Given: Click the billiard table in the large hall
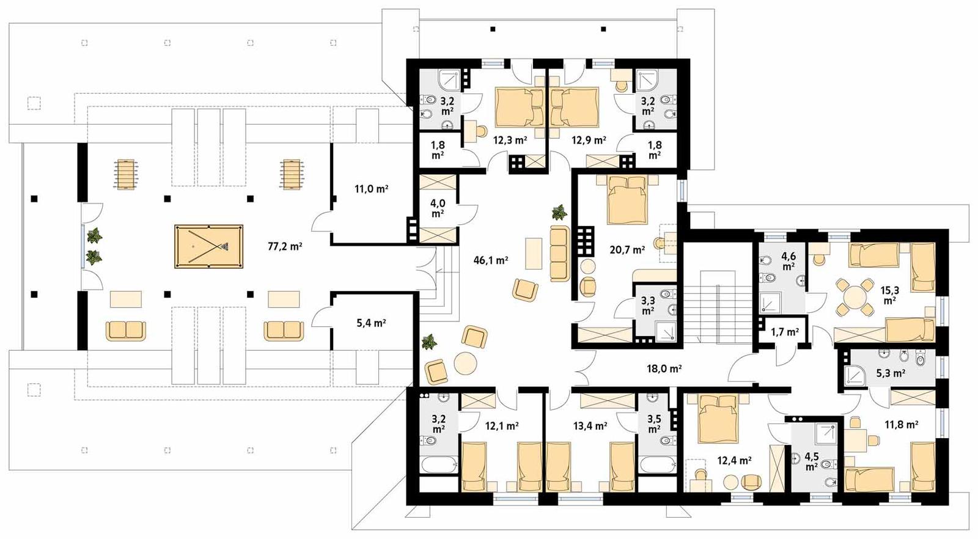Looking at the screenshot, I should pyautogui.click(x=208, y=247).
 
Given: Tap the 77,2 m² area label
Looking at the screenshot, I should pyautogui.click(x=285, y=247).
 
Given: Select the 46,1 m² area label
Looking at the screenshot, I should pyautogui.click(x=491, y=260).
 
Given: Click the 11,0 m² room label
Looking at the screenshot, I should pyautogui.click(x=371, y=189).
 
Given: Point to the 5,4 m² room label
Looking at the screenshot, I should pyautogui.click(x=371, y=323).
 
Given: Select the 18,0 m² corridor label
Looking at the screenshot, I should pyautogui.click(x=664, y=369).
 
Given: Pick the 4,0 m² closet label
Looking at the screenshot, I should pyautogui.click(x=437, y=208).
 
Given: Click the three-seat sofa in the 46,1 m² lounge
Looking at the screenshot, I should pyautogui.click(x=559, y=254).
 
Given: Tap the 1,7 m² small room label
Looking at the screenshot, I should pyautogui.click(x=785, y=332).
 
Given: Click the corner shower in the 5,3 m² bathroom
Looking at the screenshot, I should pyautogui.click(x=855, y=375).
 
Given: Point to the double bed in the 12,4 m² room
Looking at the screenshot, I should pyautogui.click(x=719, y=418).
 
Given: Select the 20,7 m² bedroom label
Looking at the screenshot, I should pyautogui.click(x=627, y=250).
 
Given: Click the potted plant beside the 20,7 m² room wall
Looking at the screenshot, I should pyautogui.click(x=559, y=213).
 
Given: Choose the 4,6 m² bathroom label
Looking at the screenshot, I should pyautogui.click(x=788, y=262).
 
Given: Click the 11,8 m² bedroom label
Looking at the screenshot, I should pyautogui.click(x=901, y=424).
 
